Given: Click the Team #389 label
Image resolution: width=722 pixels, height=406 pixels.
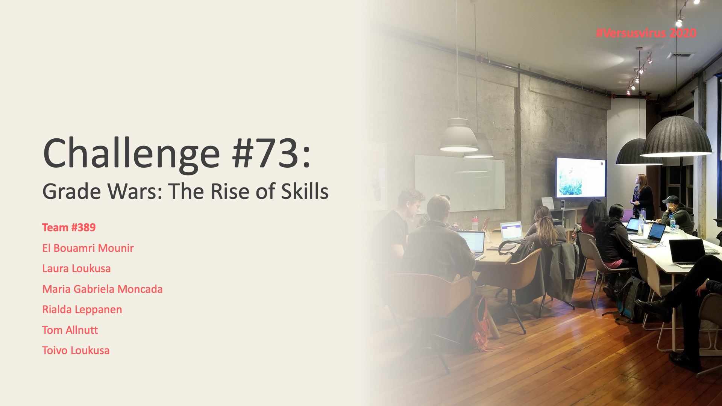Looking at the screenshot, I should pos(69,227).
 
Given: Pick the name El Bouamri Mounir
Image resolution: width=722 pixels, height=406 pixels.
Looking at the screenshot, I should pos(88,248).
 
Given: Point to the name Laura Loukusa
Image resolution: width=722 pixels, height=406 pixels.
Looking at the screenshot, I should pos(76,268).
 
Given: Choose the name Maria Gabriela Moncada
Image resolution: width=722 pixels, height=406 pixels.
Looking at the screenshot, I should pos(102,289).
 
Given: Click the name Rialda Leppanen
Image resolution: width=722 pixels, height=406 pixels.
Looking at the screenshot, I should pos(82,309).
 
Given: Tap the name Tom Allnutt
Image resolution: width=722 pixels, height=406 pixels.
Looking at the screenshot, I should pos(70,330).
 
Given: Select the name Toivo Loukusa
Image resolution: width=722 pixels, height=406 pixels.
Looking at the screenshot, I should pos(76,350).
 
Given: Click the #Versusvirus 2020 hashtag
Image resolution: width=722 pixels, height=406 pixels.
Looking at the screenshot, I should pos(646,33).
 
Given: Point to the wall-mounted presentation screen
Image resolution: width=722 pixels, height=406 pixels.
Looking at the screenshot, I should pos(581,177).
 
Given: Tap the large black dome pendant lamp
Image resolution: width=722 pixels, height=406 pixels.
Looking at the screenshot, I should pos(676,138).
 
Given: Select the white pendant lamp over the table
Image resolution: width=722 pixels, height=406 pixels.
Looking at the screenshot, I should pos(459,136).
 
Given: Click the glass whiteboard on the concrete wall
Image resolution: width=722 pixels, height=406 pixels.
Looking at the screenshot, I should pos(460,183).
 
